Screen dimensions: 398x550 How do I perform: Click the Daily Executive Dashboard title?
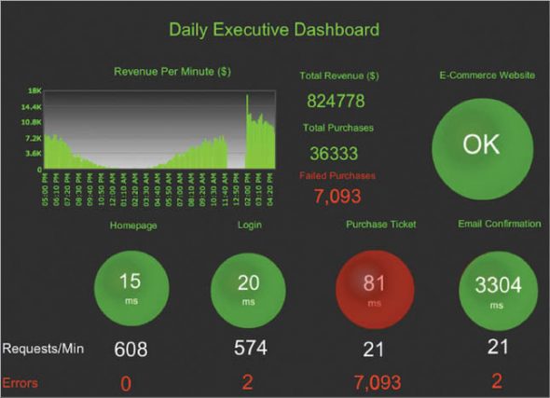coord(274,30)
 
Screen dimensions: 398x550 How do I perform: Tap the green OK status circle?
coord(481,144)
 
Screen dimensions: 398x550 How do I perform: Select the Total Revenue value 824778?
coord(335,101)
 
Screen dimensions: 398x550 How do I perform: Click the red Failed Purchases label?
coord(337,175)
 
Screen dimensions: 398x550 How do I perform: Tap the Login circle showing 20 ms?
coord(248,287)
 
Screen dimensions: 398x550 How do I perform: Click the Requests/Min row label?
coord(44,349)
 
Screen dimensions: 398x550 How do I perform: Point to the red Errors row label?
coord(21,382)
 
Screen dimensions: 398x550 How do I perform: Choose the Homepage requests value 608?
coord(131,350)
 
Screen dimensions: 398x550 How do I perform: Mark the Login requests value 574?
coord(249,349)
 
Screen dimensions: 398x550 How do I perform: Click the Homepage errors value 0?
coord(126,383)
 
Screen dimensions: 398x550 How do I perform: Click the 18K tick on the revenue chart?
coord(34,90)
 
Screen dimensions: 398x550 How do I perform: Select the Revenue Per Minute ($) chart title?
coord(172,71)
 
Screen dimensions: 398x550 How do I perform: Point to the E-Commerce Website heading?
coord(487,75)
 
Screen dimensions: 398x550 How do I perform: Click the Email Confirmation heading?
coord(499,225)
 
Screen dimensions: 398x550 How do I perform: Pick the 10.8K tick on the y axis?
coord(31,122)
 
